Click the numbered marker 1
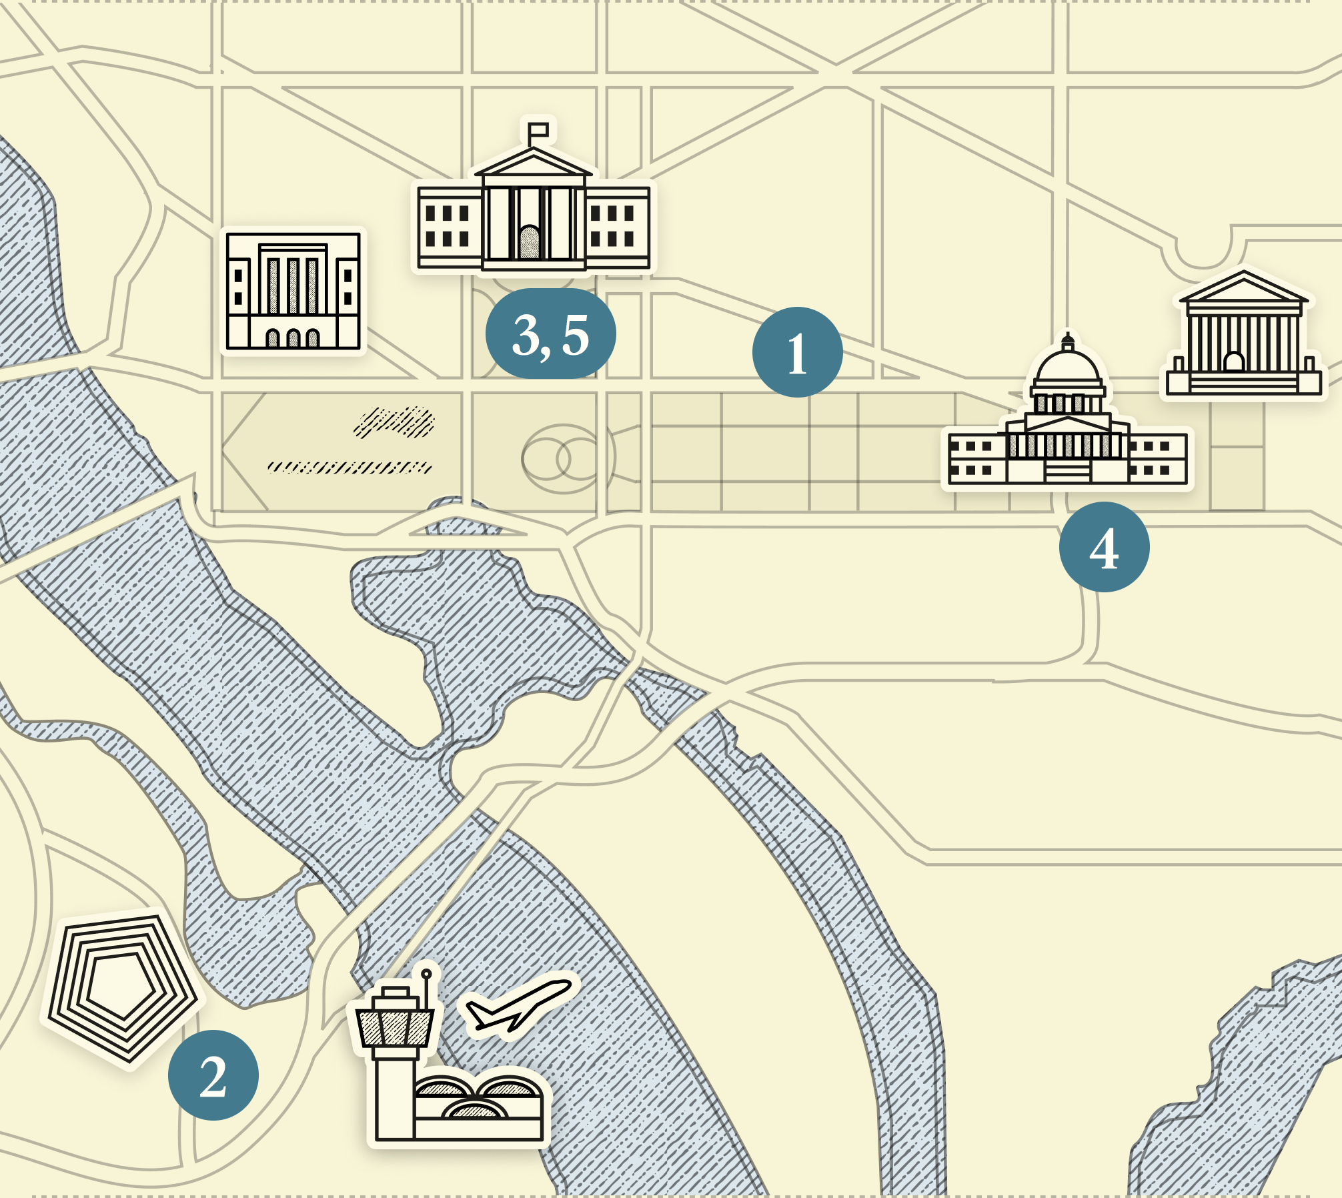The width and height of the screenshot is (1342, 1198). (x=797, y=352)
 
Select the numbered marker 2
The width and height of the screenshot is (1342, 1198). (x=213, y=1075)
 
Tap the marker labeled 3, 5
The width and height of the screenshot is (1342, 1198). (x=550, y=334)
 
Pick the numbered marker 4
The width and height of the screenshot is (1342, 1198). (x=1104, y=547)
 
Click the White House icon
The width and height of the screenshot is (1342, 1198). (x=534, y=213)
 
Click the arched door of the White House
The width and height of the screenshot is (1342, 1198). (x=530, y=242)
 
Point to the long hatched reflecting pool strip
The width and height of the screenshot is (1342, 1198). (x=350, y=467)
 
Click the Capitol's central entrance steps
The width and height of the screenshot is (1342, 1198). (x=1068, y=472)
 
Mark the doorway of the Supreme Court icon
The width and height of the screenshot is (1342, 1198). (x=1234, y=362)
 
